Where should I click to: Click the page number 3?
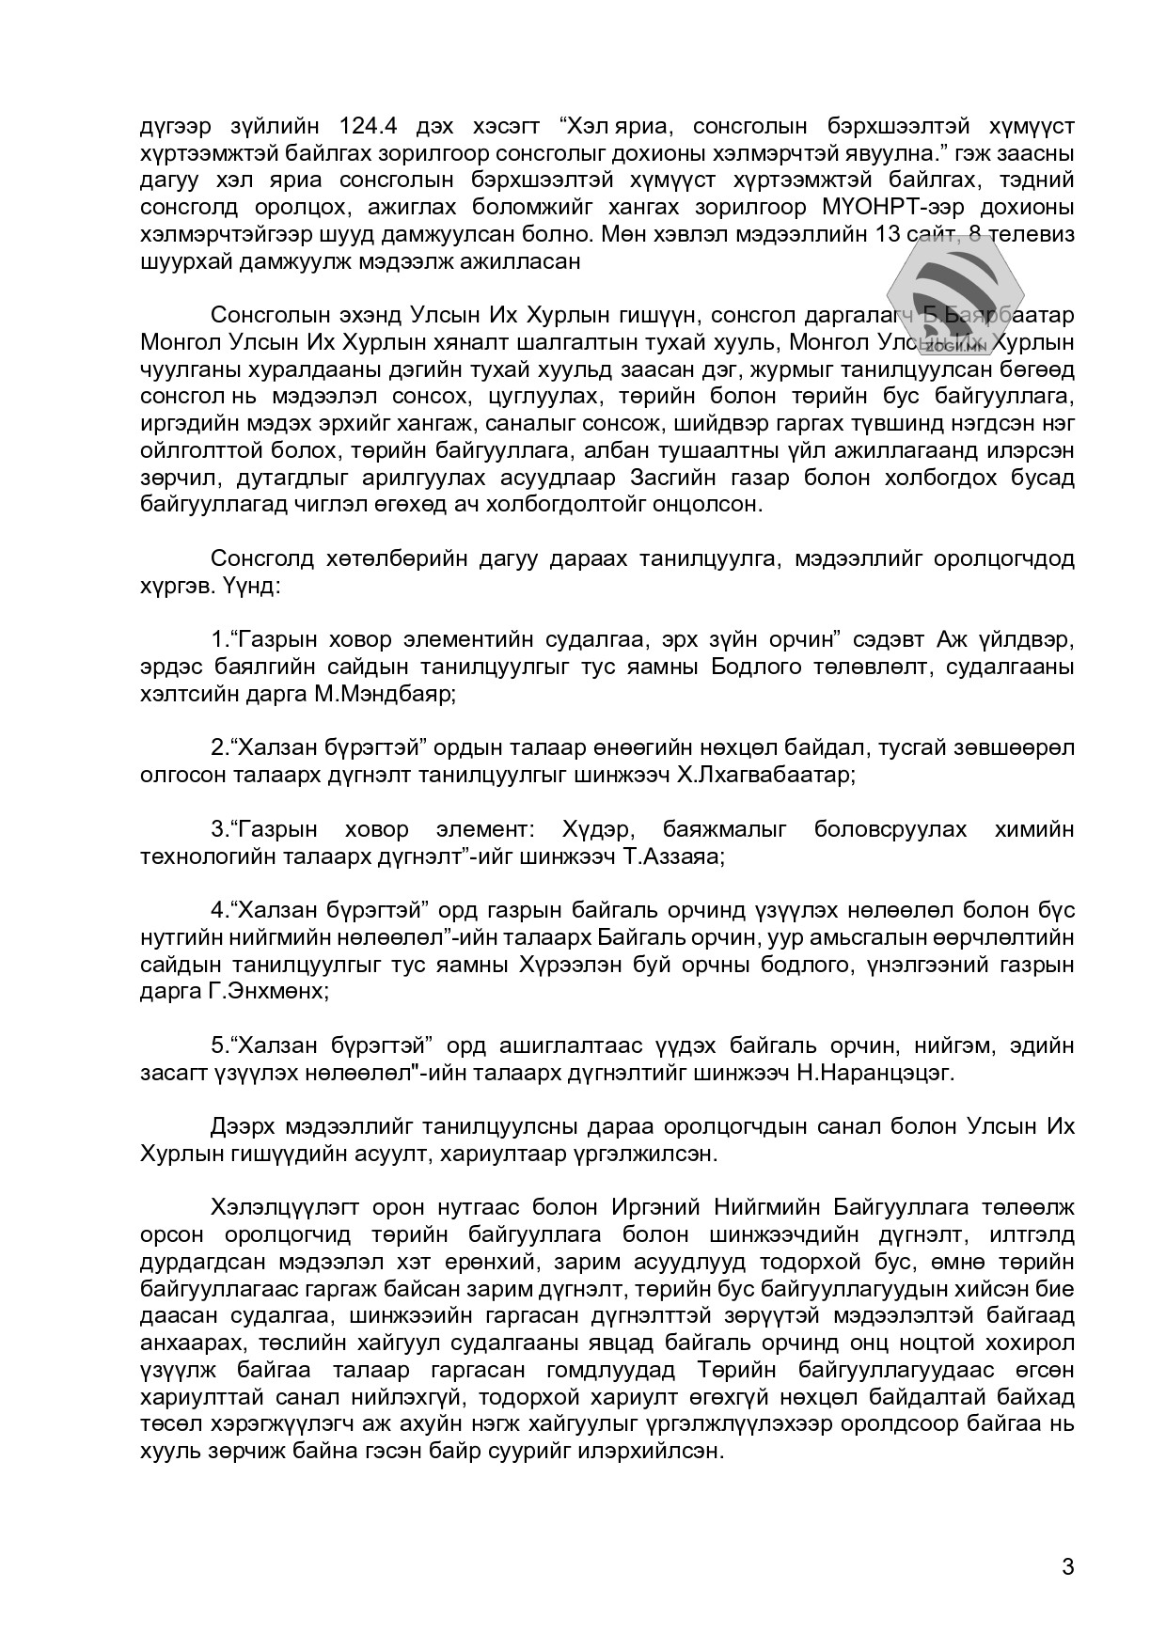pyautogui.click(x=1066, y=1566)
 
